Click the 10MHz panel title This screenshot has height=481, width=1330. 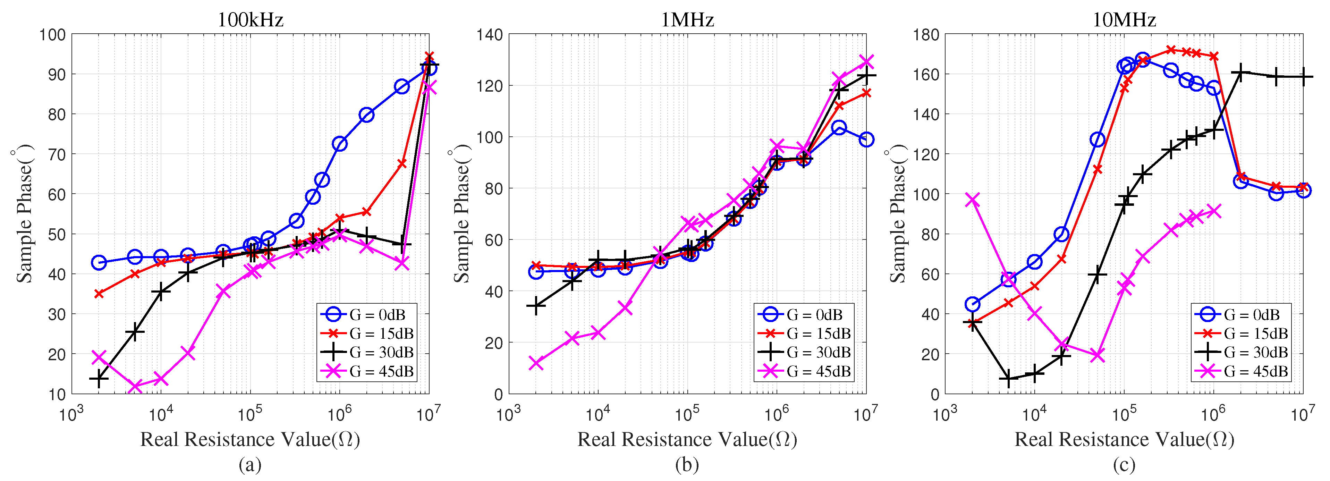1124,20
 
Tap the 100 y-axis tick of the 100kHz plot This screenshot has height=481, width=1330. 53,35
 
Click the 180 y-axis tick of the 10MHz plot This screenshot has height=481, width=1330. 926,35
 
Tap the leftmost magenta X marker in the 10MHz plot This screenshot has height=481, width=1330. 973,200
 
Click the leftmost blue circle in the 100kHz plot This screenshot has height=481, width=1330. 99,262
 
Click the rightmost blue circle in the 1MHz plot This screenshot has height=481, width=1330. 866,140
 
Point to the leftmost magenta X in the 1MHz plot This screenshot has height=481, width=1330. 536,363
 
